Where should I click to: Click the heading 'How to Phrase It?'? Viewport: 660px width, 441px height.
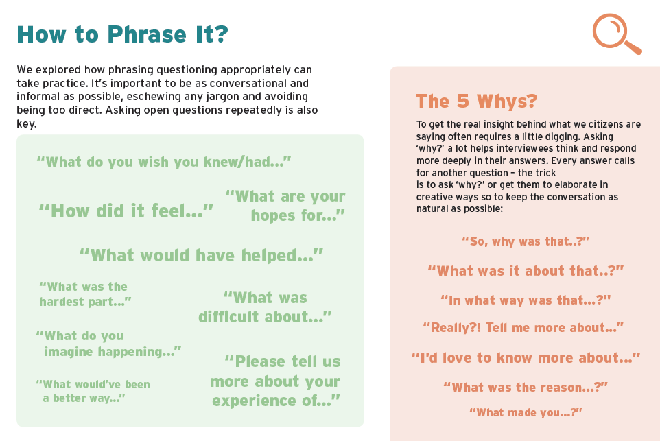click(123, 34)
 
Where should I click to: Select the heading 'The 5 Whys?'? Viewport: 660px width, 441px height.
click(477, 101)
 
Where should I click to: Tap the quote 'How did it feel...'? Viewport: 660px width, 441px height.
click(126, 211)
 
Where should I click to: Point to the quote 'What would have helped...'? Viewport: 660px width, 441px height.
click(201, 255)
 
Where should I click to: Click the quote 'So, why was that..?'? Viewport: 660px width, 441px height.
click(526, 241)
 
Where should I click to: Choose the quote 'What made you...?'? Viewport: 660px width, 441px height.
click(526, 412)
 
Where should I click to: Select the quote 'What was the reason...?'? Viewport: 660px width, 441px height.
click(526, 387)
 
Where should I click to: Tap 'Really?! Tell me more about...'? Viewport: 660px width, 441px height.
click(523, 327)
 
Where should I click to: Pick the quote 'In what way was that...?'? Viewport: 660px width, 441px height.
click(526, 300)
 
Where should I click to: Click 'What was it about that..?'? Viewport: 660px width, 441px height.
click(526, 271)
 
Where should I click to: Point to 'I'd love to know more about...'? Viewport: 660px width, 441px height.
click(526, 358)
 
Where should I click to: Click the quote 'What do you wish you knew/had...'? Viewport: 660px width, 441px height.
click(164, 162)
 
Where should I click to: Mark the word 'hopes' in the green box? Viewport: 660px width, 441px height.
click(273, 215)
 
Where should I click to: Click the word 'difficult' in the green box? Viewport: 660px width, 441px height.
click(228, 317)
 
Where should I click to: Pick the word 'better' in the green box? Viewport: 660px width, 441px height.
click(67, 398)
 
